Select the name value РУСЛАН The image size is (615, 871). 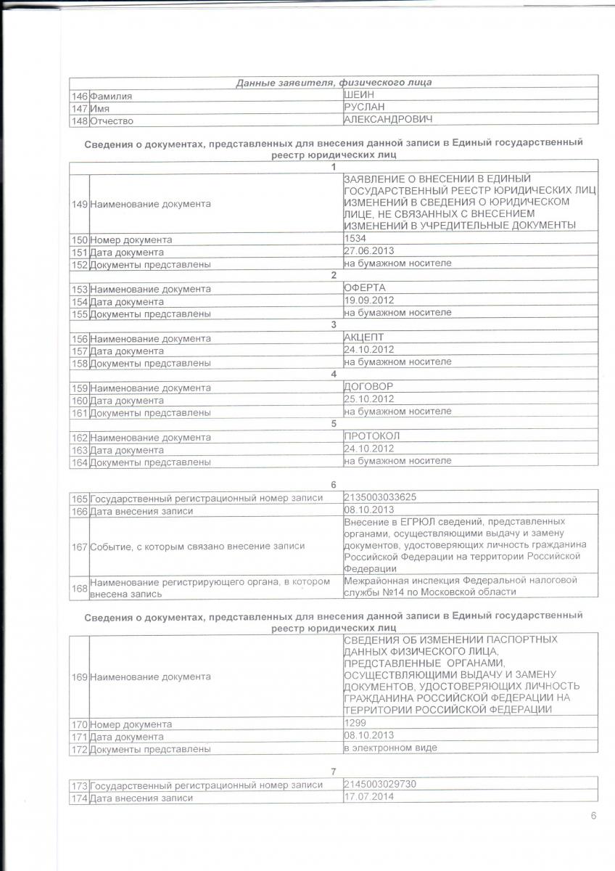coord(364,107)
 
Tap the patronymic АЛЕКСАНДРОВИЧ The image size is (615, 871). coord(384,120)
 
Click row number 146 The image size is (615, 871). coord(80,96)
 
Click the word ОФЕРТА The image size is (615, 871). coord(365,288)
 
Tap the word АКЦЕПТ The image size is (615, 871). coord(363,338)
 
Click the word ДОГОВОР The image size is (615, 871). coord(368,387)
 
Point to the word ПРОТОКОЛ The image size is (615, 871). coord(372,436)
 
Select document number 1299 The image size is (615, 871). coord(354,723)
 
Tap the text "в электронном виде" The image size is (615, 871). coord(390,748)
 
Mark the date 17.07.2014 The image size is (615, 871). coord(366,797)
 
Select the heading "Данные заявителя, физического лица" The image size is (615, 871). coord(334,82)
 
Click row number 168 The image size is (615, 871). coord(80,586)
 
